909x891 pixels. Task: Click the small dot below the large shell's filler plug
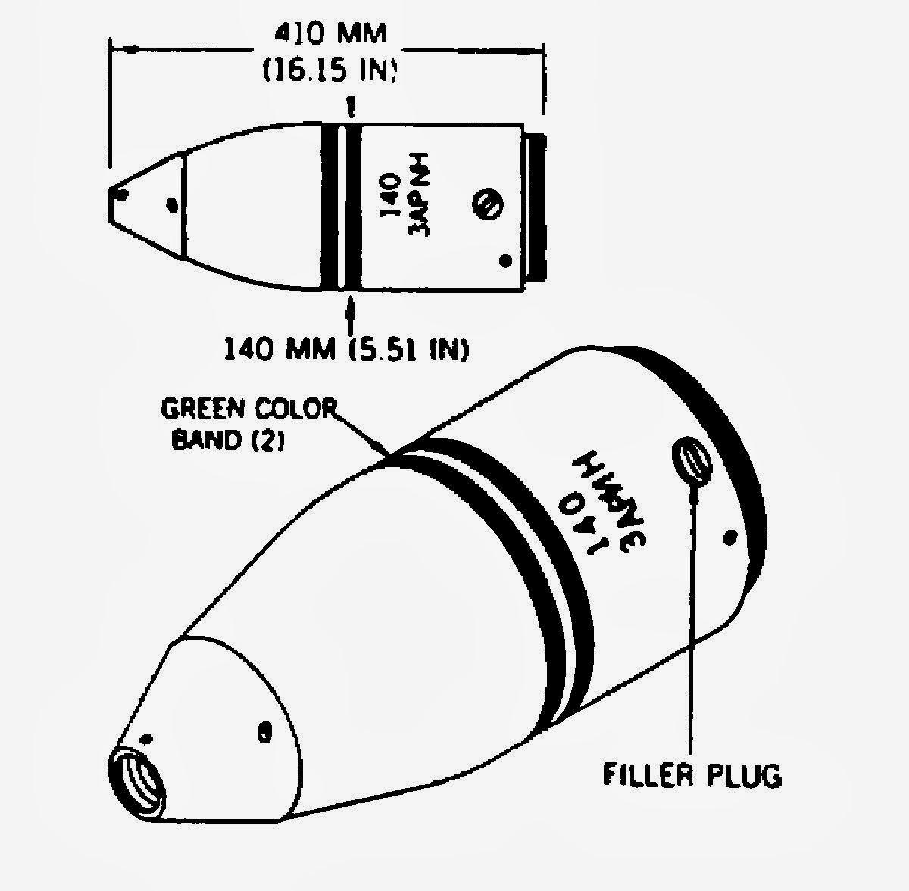pyautogui.click(x=730, y=537)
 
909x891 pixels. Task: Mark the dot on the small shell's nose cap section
pyautogui.click(x=173, y=204)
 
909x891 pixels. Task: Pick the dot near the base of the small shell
pyautogui.click(x=505, y=262)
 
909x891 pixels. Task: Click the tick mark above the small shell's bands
pyautogui.click(x=350, y=107)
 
